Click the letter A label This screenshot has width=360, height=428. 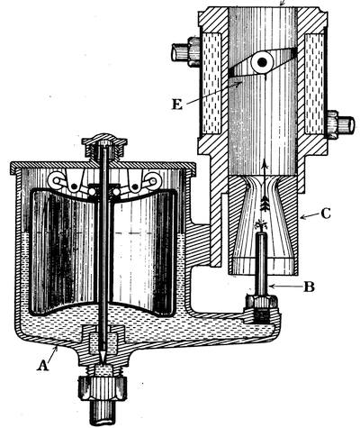click(x=42, y=366)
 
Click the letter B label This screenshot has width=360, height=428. click(x=309, y=287)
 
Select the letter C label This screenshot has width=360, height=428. click(x=325, y=214)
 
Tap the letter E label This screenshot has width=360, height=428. click(x=177, y=105)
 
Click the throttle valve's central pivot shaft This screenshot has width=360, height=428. click(x=262, y=62)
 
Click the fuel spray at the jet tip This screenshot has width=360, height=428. click(x=261, y=226)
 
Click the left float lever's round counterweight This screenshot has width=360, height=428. click(x=56, y=181)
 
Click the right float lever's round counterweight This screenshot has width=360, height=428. click(x=153, y=181)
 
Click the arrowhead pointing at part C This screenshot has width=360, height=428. click(x=303, y=217)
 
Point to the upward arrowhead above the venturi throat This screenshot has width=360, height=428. click(x=265, y=164)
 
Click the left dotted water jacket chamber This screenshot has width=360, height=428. click(x=211, y=83)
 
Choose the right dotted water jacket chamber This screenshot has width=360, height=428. click(x=314, y=83)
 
